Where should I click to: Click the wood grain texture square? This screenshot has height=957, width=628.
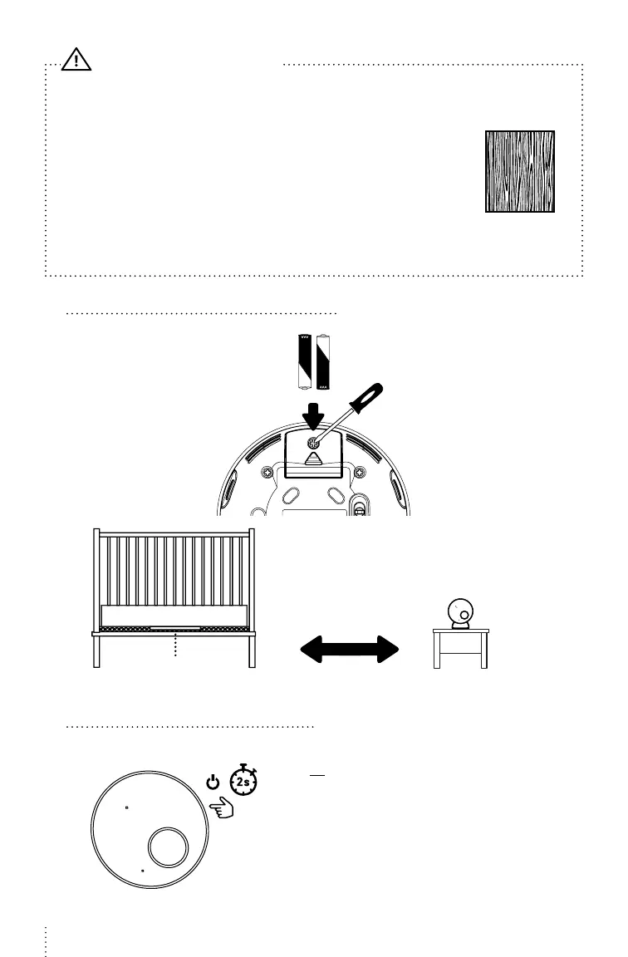(x=520, y=171)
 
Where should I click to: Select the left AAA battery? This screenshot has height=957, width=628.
(x=304, y=362)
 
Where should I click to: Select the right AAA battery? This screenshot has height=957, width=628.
(x=323, y=362)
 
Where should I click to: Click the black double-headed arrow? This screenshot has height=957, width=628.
(x=349, y=649)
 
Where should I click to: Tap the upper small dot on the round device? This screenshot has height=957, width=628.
(x=125, y=807)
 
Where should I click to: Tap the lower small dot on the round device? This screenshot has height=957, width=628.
(x=143, y=871)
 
